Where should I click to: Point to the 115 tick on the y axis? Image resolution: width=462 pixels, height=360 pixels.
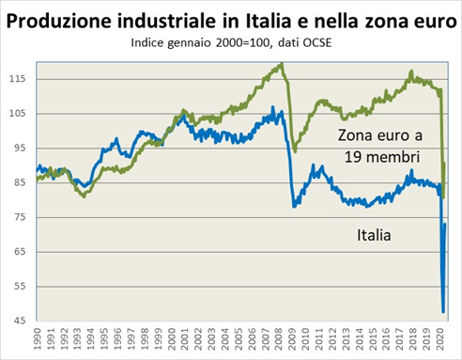(20, 78)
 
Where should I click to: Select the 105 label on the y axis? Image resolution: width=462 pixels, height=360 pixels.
(20, 113)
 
